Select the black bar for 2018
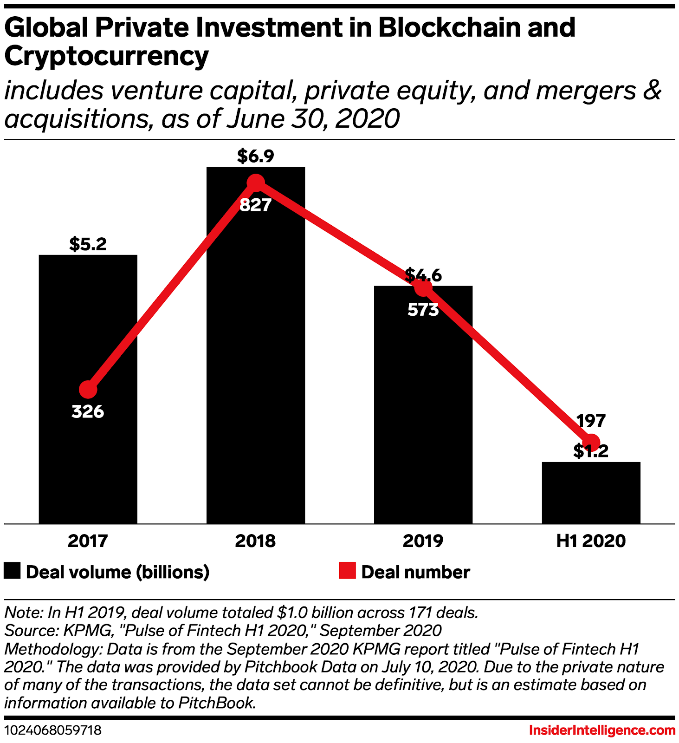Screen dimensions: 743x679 [256, 371]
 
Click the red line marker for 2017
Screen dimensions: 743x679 [88, 390]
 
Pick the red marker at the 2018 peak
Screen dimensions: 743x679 [256, 183]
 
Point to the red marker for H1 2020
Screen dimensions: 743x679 [591, 442]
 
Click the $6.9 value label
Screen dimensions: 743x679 [256, 156]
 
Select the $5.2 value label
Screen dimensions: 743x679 [88, 244]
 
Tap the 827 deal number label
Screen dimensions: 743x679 [256, 205]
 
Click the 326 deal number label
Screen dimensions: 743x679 [88, 411]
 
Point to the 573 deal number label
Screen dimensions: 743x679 [423, 310]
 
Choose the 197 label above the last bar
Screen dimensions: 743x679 [591, 421]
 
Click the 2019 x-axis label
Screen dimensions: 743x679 [423, 541]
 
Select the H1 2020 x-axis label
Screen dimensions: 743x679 [591, 541]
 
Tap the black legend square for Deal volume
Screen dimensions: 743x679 [12, 571]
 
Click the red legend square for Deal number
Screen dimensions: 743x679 [347, 571]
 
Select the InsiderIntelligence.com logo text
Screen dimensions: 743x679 [602, 730]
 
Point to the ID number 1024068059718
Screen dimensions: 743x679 [53, 730]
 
